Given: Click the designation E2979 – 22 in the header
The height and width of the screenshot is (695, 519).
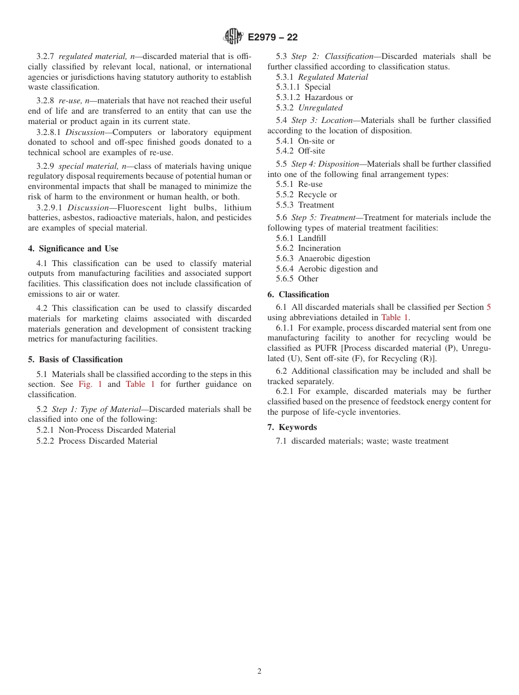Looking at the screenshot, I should click(x=273, y=37).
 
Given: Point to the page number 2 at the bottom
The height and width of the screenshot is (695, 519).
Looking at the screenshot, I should click(x=259, y=672).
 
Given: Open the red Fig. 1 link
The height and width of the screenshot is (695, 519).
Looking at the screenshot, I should click(x=90, y=384).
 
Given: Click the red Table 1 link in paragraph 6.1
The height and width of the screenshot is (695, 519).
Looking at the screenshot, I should click(x=394, y=317).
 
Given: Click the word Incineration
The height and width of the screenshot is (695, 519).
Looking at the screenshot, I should click(x=319, y=248).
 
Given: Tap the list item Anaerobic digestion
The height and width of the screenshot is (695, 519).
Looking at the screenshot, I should click(x=334, y=258).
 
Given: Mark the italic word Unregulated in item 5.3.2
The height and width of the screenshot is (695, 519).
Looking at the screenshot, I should click(x=320, y=108).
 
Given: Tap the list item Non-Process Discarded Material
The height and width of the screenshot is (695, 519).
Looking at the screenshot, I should click(x=117, y=430).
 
